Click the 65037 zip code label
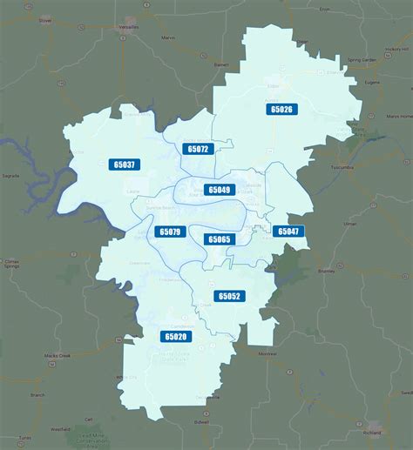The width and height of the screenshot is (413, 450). [x=124, y=164]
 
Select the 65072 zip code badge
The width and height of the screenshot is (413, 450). [x=198, y=149]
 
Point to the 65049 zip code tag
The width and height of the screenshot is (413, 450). [x=219, y=190]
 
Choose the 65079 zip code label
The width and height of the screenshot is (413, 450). [x=169, y=232]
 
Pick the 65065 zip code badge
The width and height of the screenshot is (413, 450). [x=219, y=238]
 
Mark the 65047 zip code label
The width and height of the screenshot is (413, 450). [x=287, y=232]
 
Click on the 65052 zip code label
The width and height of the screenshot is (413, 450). [x=229, y=296]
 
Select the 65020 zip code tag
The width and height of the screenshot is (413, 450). [x=174, y=336]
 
